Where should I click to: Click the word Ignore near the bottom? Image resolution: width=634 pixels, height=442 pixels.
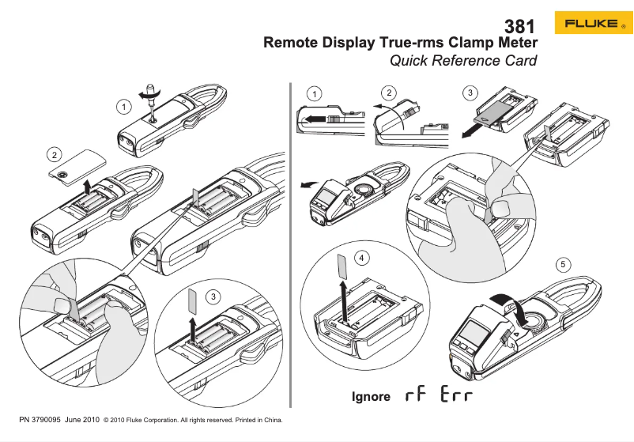(x=371, y=396)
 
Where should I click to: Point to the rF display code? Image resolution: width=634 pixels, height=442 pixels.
(x=415, y=395)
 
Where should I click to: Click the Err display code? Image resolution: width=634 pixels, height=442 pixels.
(x=458, y=395)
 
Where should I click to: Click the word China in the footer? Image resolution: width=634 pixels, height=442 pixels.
(x=272, y=420)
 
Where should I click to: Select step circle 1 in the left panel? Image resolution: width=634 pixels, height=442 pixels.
(x=123, y=105)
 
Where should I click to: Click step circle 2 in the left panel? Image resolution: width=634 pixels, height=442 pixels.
(x=54, y=153)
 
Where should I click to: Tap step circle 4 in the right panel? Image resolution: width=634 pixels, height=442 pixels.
(x=361, y=258)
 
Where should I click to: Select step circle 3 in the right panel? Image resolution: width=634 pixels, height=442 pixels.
(x=471, y=93)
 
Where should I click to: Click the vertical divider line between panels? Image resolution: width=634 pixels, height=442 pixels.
(x=291, y=237)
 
